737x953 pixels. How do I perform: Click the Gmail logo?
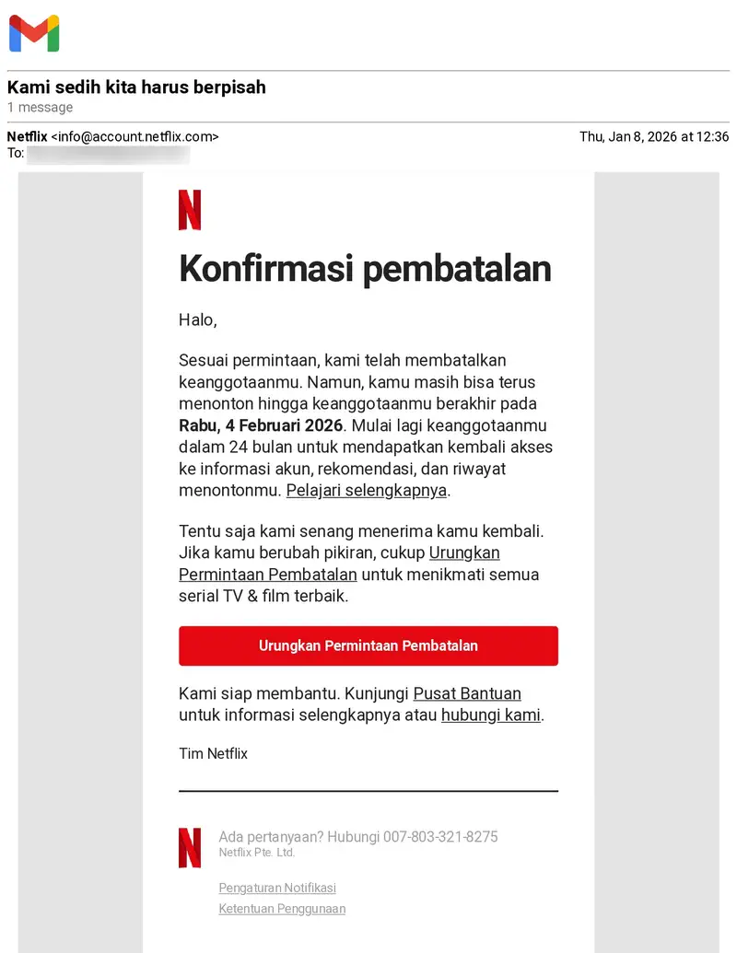point(34,34)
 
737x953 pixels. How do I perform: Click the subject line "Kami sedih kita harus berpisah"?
point(136,87)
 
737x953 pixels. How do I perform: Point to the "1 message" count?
point(41,108)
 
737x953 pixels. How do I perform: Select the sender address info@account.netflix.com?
point(135,137)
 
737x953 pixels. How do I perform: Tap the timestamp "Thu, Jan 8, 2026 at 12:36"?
point(654,137)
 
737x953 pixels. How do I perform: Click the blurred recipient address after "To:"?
point(109,154)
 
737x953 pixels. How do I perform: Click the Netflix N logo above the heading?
point(190,210)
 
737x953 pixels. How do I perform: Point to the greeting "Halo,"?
point(197,320)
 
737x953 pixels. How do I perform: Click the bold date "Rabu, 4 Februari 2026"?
point(261,425)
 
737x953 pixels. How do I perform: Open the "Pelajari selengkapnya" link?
point(367,490)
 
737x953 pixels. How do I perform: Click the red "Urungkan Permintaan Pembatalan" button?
point(368,645)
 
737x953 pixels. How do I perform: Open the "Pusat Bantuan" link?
point(467,693)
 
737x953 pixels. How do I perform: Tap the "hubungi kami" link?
point(491,715)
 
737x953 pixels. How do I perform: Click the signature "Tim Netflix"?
point(213,753)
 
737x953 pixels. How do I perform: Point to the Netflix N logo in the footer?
point(190,847)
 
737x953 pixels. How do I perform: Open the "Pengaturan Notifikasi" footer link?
point(277,888)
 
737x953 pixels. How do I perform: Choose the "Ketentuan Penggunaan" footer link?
point(282,909)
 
